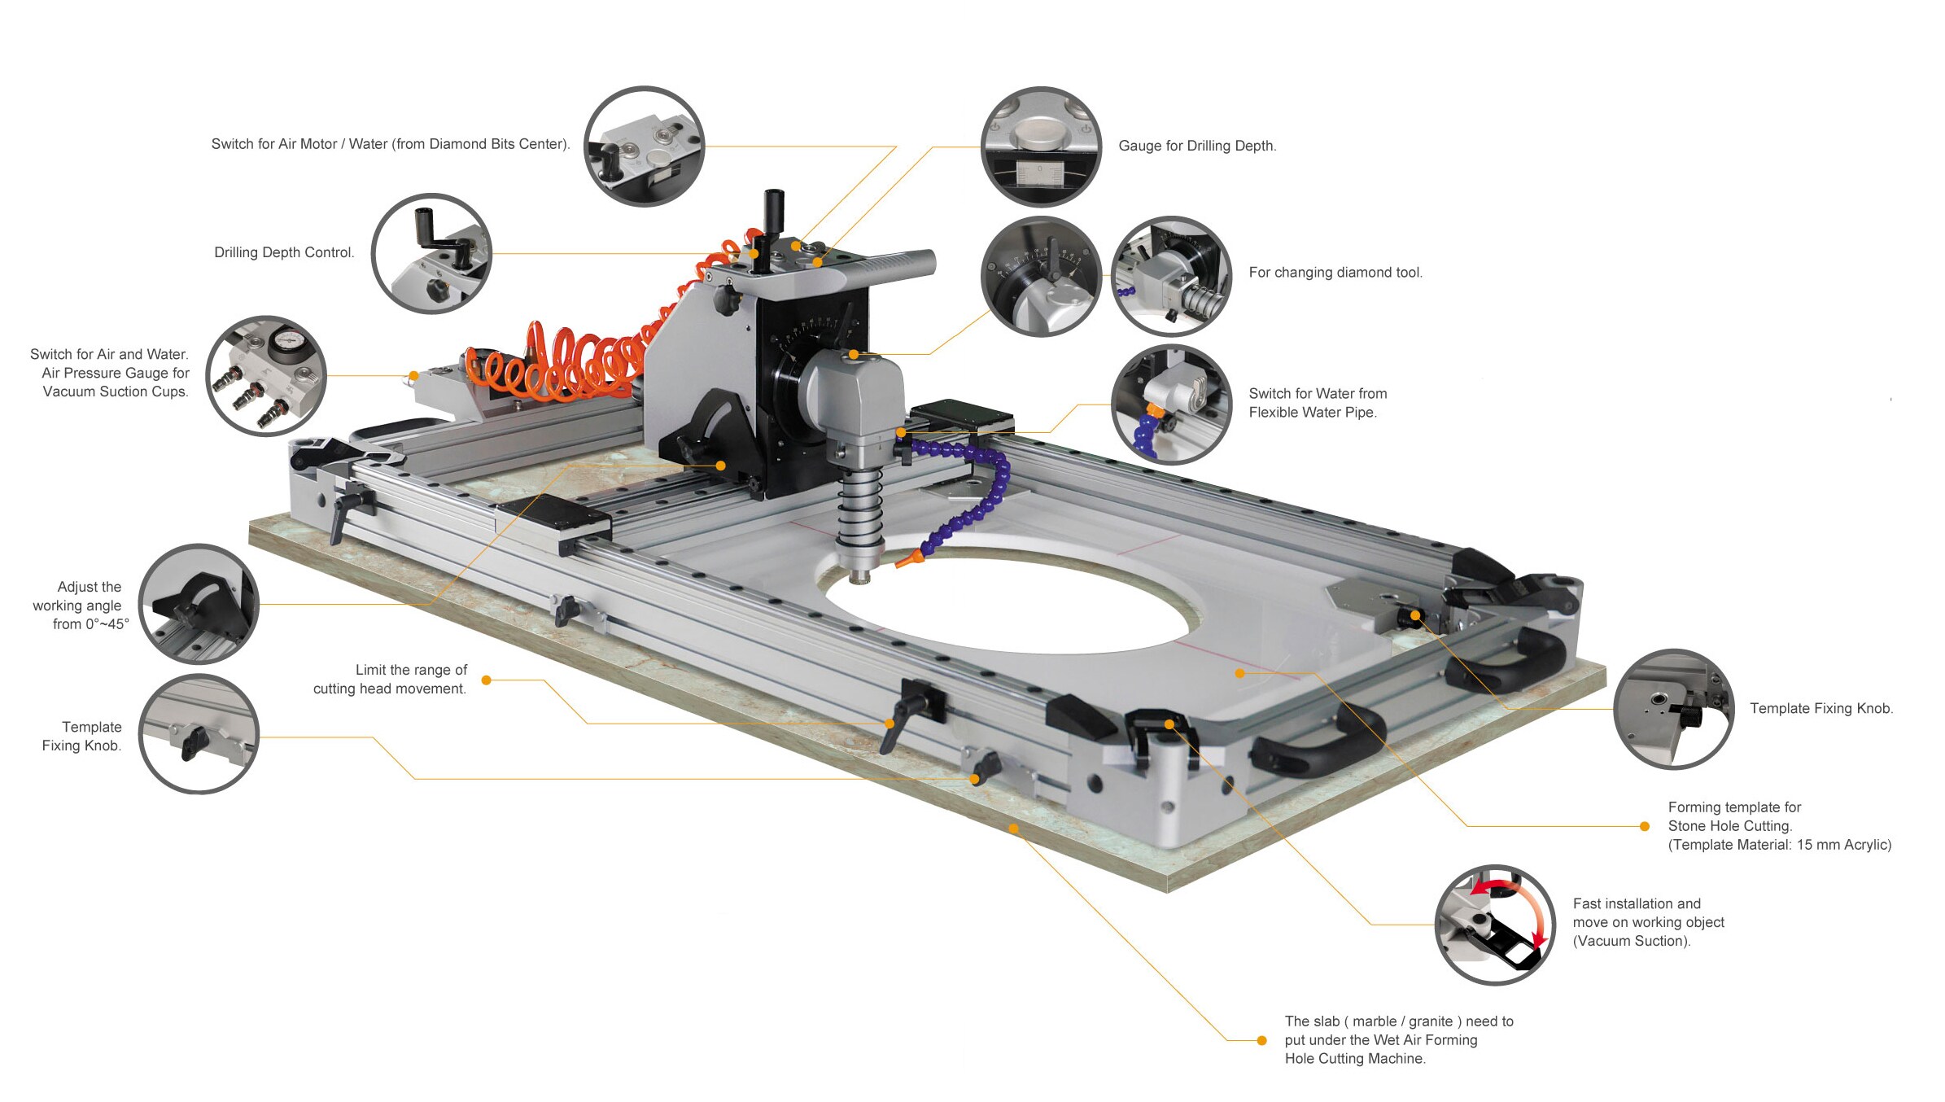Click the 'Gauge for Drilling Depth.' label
click(1196, 146)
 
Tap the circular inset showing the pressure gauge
click(266, 375)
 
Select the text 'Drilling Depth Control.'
click(284, 252)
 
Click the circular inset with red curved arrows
click(1494, 925)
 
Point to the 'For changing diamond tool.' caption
click(1335, 273)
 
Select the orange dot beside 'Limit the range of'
click(486, 680)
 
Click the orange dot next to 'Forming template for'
click(1644, 826)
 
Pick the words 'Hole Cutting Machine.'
click(1355, 1059)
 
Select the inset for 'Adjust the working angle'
click(199, 604)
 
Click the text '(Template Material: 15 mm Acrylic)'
click(1779, 845)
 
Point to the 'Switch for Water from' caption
click(1317, 394)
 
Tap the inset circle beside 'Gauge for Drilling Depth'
click(1041, 146)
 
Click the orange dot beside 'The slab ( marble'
click(1261, 1040)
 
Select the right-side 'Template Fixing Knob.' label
click(1821, 708)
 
